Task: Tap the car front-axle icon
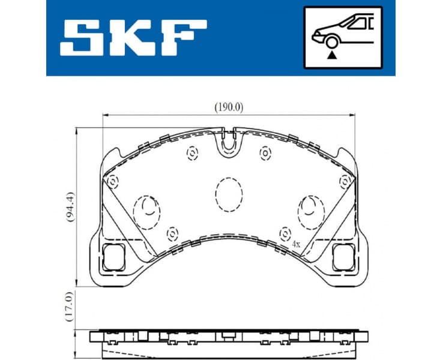(343, 37)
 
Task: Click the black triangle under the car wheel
(330, 55)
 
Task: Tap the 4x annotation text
(295, 245)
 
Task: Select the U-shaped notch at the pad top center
(229, 142)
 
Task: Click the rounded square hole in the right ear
(343, 257)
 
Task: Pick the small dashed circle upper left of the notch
(192, 154)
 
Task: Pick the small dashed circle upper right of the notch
(265, 154)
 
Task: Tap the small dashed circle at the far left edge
(111, 181)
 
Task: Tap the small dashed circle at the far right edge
(345, 181)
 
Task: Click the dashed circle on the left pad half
(146, 212)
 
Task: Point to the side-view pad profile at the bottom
(229, 339)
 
